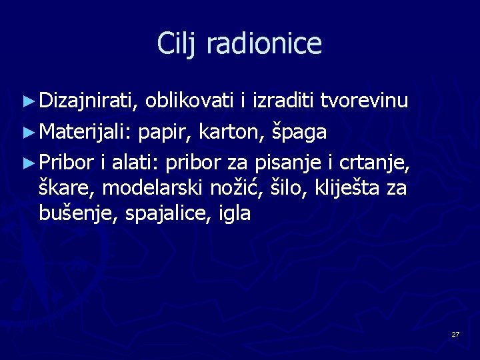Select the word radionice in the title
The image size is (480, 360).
click(265, 44)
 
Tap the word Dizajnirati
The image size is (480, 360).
click(88, 101)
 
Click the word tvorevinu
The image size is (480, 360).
click(364, 101)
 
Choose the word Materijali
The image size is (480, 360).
click(85, 132)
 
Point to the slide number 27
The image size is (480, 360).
click(455, 333)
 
